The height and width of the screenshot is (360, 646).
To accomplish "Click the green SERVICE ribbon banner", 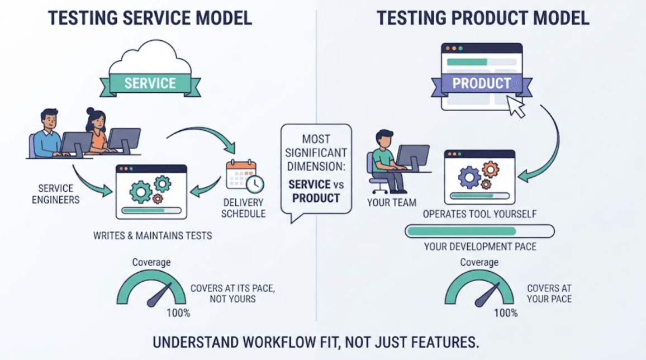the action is tap(150, 83).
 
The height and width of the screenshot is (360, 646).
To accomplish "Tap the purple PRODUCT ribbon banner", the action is tap(482, 84).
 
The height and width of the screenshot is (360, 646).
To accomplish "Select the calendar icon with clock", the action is tap(245, 176).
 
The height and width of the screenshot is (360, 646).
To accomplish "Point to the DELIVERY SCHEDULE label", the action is tap(243, 208).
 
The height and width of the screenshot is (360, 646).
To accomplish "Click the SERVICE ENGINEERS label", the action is tap(56, 194).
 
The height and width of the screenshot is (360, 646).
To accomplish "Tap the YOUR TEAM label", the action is tap(391, 203).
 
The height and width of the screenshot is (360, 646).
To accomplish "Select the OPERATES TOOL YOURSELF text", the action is tap(479, 214).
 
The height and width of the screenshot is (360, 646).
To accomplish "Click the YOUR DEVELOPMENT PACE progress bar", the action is tap(479, 231).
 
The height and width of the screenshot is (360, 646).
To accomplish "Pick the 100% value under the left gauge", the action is tap(178, 313).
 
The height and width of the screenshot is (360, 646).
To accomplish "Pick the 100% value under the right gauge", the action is tap(506, 313).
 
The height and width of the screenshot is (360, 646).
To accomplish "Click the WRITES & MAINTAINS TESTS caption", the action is tap(153, 235).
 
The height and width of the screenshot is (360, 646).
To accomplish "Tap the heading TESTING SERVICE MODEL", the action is tap(150, 18).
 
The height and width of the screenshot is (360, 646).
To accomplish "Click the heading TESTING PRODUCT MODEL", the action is tap(483, 18).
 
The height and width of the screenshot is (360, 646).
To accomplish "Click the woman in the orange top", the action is tap(97, 130).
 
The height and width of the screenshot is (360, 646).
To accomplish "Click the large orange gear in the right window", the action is tap(490, 169).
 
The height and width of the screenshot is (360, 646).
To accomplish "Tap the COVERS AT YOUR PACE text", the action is tap(549, 293).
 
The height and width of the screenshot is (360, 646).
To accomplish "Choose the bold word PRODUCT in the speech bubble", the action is tap(316, 198).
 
